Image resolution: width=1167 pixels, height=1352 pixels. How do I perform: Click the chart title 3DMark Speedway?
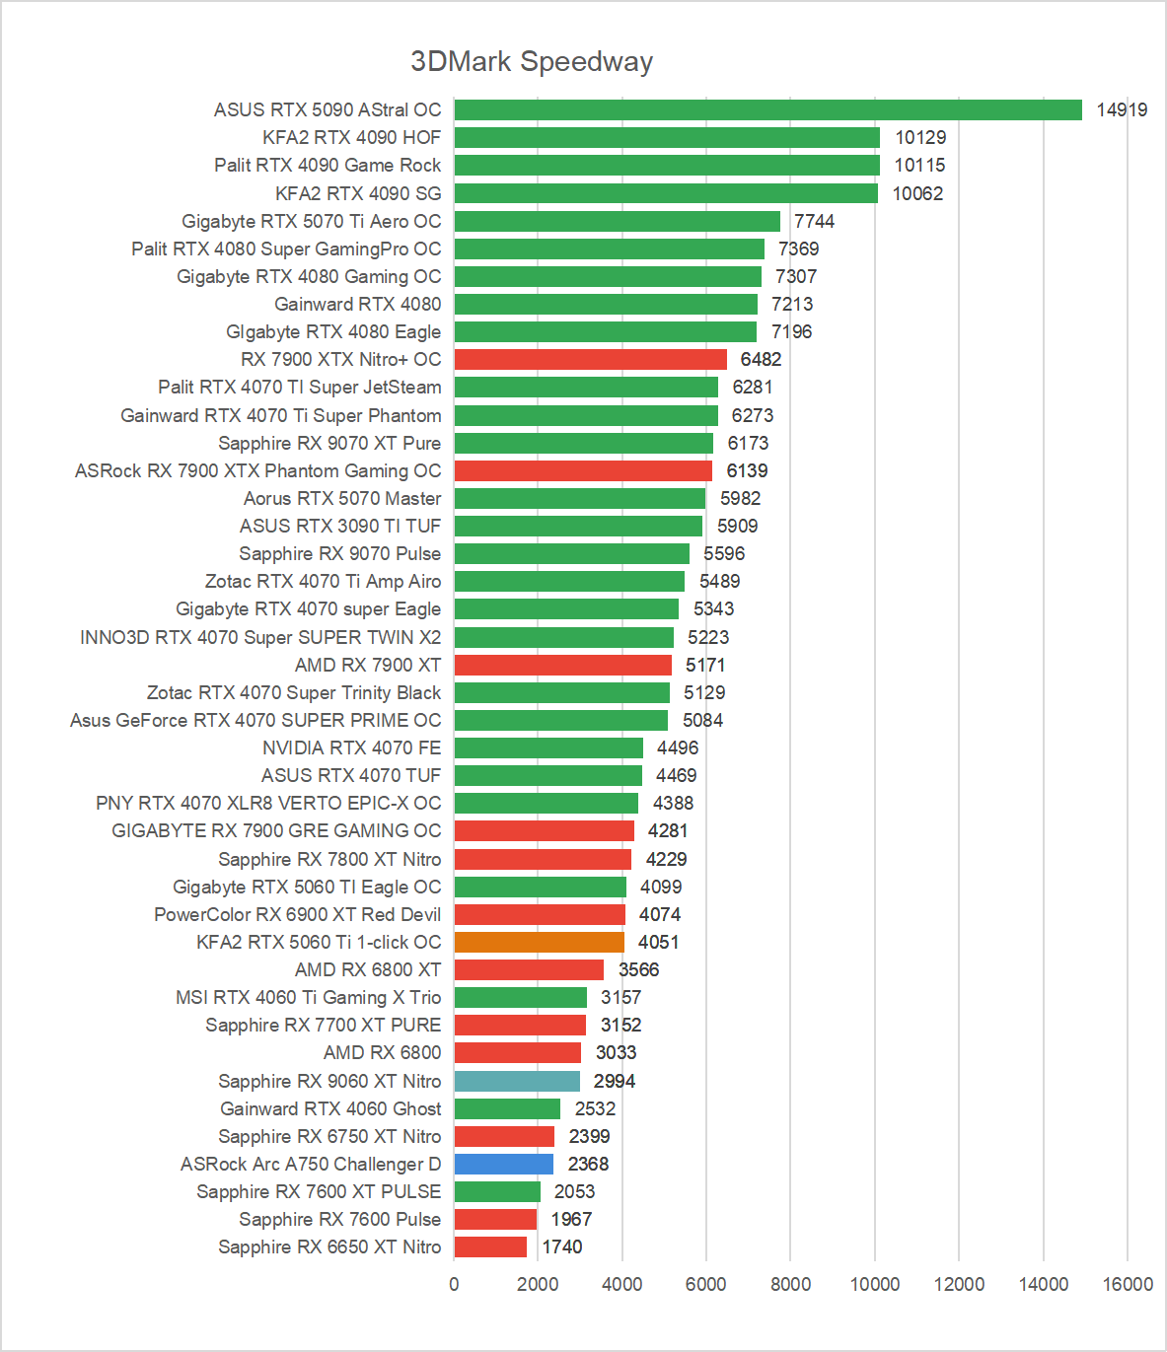point(532,61)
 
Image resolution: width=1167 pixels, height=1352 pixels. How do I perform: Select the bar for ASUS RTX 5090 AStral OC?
point(767,109)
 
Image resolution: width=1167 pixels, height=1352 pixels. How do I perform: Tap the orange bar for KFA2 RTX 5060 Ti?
point(540,942)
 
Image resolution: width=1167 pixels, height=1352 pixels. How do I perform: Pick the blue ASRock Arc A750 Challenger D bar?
point(504,1164)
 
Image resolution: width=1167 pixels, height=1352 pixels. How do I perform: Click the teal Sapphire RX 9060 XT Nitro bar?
point(517,1081)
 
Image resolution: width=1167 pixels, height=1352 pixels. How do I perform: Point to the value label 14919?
point(1122,109)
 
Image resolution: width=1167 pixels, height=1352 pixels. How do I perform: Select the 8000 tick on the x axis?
point(790,1284)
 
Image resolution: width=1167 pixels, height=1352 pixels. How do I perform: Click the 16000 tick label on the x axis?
point(1128,1284)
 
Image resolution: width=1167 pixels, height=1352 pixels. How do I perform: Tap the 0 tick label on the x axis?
point(454,1284)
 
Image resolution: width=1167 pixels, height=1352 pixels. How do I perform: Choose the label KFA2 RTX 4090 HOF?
point(351,137)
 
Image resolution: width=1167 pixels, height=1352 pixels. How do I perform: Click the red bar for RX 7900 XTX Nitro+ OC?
point(590,359)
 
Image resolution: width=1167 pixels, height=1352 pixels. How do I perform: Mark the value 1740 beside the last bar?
point(562,1246)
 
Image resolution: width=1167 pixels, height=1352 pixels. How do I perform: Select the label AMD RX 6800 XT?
point(368,969)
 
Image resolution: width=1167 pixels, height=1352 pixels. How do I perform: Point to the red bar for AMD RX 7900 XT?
point(562,665)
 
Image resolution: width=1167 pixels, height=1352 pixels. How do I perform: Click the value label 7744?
point(814,221)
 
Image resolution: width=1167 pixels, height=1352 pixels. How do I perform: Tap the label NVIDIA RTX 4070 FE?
point(351,747)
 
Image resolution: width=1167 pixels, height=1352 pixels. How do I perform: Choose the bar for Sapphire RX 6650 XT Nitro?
point(490,1246)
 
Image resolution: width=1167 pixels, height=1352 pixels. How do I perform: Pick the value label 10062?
point(917,193)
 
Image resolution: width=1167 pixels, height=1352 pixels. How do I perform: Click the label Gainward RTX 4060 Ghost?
point(330,1108)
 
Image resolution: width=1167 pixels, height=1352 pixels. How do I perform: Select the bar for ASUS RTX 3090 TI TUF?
point(578,526)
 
